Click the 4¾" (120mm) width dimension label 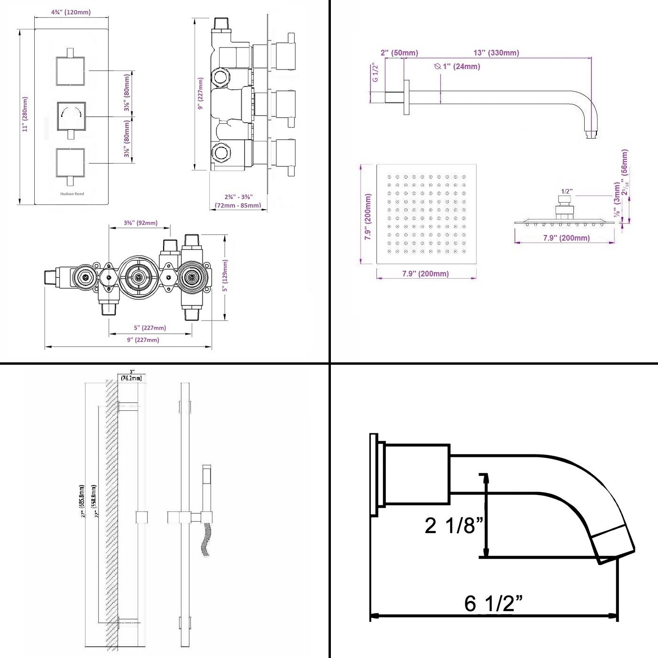[x=71, y=12]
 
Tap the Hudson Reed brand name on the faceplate [x=72, y=194]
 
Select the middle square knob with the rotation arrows [x=71, y=116]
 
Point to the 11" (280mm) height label [x=25, y=114]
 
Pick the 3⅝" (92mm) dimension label [x=141, y=223]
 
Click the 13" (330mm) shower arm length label [x=496, y=53]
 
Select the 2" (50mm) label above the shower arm [x=399, y=53]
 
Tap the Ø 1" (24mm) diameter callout [x=457, y=67]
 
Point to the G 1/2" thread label [x=375, y=73]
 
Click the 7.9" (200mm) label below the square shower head [x=425, y=274]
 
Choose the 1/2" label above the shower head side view [x=567, y=191]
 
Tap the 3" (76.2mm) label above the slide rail [x=131, y=376]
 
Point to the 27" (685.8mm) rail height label [x=82, y=501]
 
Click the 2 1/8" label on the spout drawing [x=454, y=525]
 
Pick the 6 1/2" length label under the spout [x=493, y=603]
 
